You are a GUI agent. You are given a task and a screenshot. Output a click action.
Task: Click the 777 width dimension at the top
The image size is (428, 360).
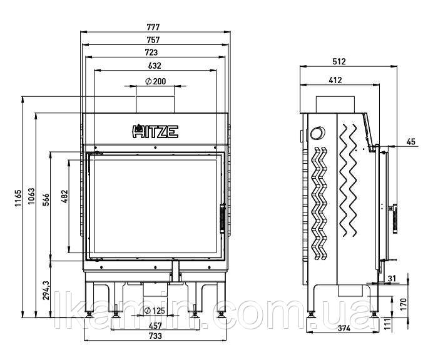click(x=153, y=27)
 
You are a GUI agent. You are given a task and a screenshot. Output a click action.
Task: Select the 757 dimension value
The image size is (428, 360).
click(x=153, y=40)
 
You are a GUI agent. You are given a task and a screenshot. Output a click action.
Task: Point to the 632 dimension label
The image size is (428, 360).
click(x=155, y=66)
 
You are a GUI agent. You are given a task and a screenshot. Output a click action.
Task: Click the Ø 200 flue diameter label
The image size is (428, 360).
click(x=156, y=81)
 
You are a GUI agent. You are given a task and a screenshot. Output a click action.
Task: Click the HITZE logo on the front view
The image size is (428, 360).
click(x=155, y=131)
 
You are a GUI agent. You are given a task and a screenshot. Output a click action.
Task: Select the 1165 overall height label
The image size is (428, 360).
click(x=18, y=198)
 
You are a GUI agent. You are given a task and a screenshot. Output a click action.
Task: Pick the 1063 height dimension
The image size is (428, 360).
click(x=31, y=196)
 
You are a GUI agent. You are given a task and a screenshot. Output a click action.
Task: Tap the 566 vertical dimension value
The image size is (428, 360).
click(x=46, y=199)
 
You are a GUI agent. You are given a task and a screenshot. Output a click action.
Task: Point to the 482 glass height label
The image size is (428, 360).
click(x=65, y=196)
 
